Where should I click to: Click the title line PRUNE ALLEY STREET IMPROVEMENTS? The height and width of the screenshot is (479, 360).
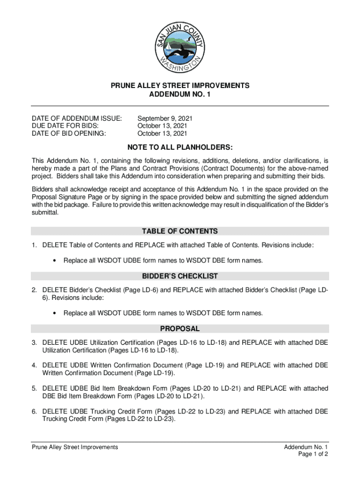(x=180, y=86)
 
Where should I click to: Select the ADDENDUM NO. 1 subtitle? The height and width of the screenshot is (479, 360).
(x=180, y=94)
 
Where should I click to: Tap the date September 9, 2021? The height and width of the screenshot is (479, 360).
(x=165, y=119)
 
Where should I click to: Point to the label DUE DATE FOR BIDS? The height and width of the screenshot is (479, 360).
(x=65, y=126)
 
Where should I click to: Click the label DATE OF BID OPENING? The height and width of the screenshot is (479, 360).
(x=69, y=133)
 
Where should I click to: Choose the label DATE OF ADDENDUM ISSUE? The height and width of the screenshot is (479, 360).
(x=77, y=119)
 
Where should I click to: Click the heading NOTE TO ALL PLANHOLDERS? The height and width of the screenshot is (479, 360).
(x=180, y=148)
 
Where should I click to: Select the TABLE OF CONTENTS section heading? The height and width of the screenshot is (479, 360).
(x=180, y=231)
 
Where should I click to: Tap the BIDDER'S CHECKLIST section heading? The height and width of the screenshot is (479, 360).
(x=180, y=276)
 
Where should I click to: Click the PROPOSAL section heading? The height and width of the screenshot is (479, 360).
(x=180, y=329)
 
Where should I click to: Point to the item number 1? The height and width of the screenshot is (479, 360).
(x=34, y=245)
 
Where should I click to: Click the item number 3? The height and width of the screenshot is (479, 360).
(x=34, y=343)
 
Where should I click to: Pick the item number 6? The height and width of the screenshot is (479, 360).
(x=34, y=412)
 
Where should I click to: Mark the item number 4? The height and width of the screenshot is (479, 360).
(x=34, y=365)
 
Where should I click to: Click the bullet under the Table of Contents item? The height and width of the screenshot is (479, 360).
(x=56, y=261)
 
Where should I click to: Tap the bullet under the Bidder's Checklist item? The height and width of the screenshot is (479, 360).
(x=56, y=313)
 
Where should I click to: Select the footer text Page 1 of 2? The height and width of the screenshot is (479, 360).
(x=313, y=454)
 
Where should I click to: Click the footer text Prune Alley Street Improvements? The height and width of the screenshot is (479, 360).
(x=75, y=447)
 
